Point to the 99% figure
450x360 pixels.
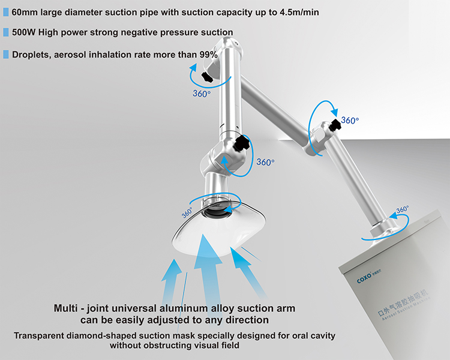point(208,54)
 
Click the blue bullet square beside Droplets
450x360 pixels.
point(6,54)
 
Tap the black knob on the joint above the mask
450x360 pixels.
point(242,144)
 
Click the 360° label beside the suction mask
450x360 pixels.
point(187,212)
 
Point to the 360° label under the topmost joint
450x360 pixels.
point(201,94)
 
